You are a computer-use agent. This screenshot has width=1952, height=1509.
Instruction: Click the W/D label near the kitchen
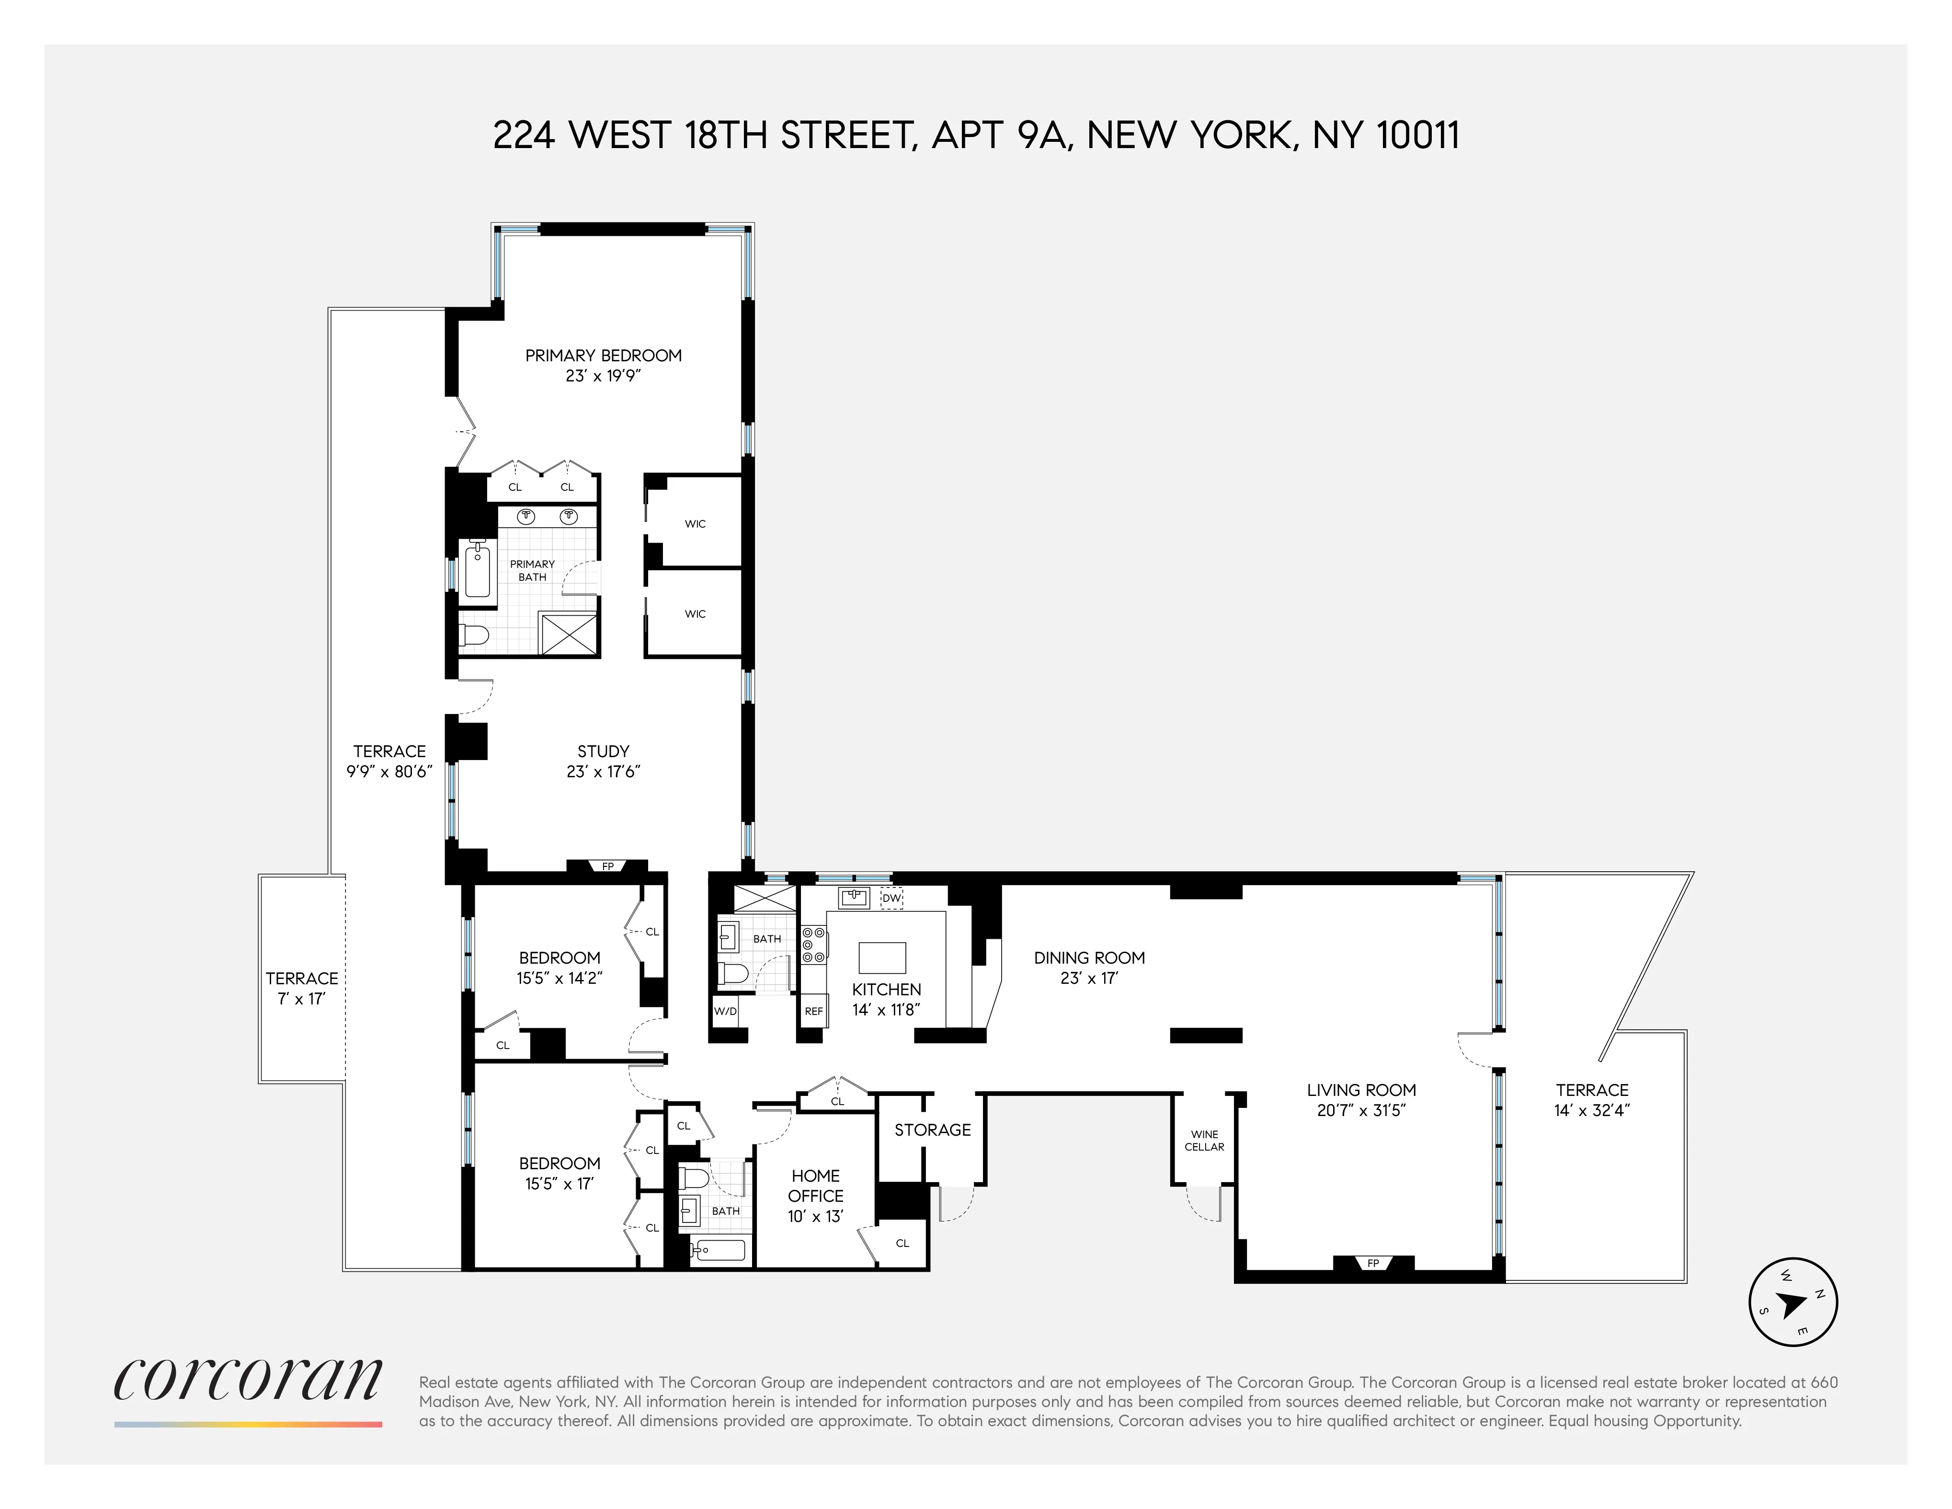tap(725, 1011)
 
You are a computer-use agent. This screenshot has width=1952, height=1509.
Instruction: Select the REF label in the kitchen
tap(813, 1011)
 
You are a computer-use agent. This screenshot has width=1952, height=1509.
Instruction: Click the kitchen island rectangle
tap(882, 957)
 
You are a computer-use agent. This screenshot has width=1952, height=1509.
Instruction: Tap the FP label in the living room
tap(1373, 1263)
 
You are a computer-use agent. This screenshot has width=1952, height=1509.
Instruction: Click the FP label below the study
tap(608, 866)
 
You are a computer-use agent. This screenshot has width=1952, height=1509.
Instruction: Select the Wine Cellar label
tap(1204, 1140)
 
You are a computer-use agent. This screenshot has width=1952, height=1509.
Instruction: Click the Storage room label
tap(932, 1130)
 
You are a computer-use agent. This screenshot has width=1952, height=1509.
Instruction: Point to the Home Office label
tap(815, 1186)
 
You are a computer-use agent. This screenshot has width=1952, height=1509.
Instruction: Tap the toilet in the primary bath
tap(474, 635)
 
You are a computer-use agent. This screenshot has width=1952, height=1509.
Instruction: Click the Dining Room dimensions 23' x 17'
tap(1089, 978)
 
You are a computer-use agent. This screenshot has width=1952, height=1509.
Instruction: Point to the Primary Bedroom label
tap(603, 356)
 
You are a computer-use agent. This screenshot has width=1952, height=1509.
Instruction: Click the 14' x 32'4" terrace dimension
tap(1592, 1110)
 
